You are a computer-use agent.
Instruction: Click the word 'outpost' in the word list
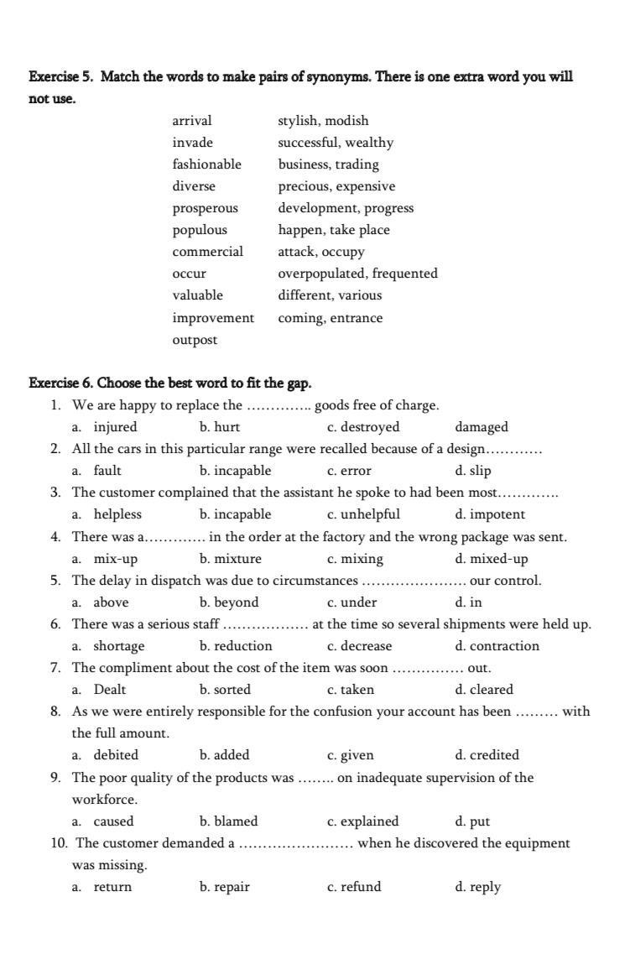tap(195, 340)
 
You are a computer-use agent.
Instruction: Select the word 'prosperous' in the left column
tap(206, 208)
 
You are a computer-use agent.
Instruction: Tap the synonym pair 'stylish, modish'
tap(323, 121)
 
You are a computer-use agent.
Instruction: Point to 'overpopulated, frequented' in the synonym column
tap(357, 274)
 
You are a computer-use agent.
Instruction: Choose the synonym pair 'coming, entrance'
tap(330, 318)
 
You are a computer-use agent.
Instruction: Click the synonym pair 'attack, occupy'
tap(321, 252)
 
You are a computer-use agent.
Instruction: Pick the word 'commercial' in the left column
tap(208, 252)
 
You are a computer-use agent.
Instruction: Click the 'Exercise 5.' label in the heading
tap(60, 77)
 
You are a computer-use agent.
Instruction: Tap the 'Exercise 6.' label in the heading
tap(60, 383)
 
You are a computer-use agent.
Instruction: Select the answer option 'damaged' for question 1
tap(481, 427)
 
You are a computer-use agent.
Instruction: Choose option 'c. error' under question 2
tap(349, 471)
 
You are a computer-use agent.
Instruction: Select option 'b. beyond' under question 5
tap(229, 602)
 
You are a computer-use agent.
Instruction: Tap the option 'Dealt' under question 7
tap(110, 690)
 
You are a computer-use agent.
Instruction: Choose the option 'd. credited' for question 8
tap(487, 755)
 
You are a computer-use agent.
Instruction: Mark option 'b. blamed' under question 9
tap(228, 821)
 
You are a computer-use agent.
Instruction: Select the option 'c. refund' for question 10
tap(353, 887)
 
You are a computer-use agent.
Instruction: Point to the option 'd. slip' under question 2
tap(473, 471)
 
